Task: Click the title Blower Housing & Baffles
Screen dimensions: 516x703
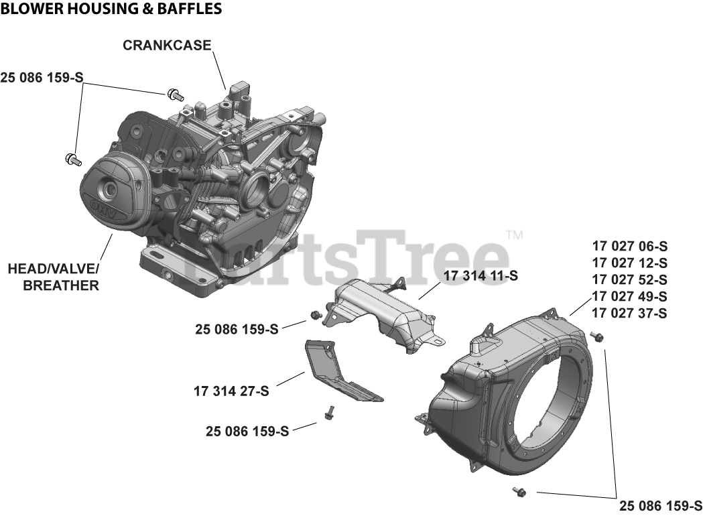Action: [111, 9]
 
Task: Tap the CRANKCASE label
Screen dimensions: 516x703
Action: [167, 46]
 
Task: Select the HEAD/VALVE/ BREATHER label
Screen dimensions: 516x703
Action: [53, 277]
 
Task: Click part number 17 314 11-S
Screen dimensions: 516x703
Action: [481, 275]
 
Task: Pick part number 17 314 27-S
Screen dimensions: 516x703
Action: [231, 391]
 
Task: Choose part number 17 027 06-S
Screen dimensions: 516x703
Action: [629, 246]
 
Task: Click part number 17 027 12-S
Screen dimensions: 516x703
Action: [629, 263]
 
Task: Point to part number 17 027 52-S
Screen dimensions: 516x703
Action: [629, 279]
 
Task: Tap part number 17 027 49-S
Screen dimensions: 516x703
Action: [629, 296]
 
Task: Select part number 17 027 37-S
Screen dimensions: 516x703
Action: [629, 313]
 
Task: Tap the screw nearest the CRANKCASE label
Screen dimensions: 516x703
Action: [176, 94]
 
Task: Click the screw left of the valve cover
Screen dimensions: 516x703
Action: [72, 159]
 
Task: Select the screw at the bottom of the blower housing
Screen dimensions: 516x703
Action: [519, 493]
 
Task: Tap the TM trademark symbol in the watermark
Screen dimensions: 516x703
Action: [515, 235]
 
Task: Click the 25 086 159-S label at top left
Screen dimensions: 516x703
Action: [42, 77]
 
